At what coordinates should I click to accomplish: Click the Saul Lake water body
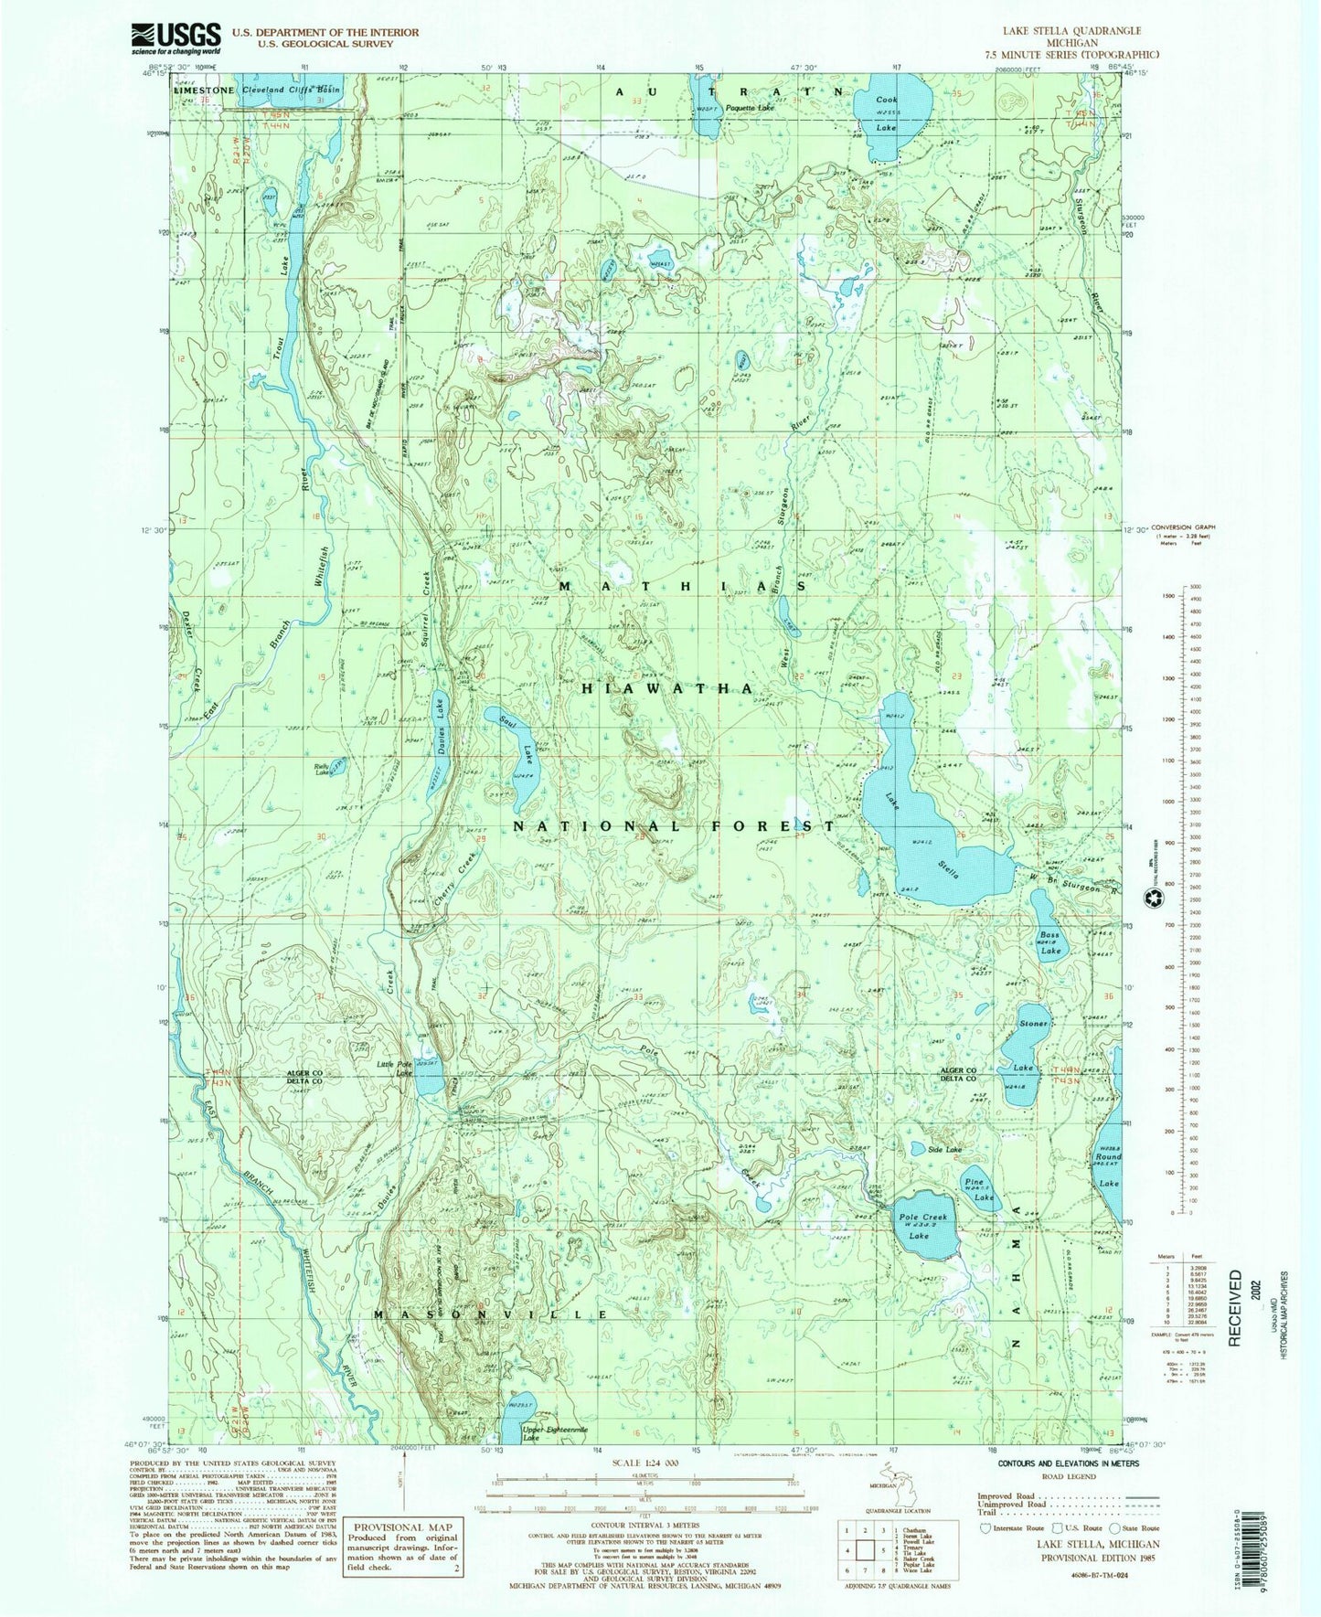(x=517, y=754)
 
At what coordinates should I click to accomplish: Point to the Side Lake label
(x=945, y=1149)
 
